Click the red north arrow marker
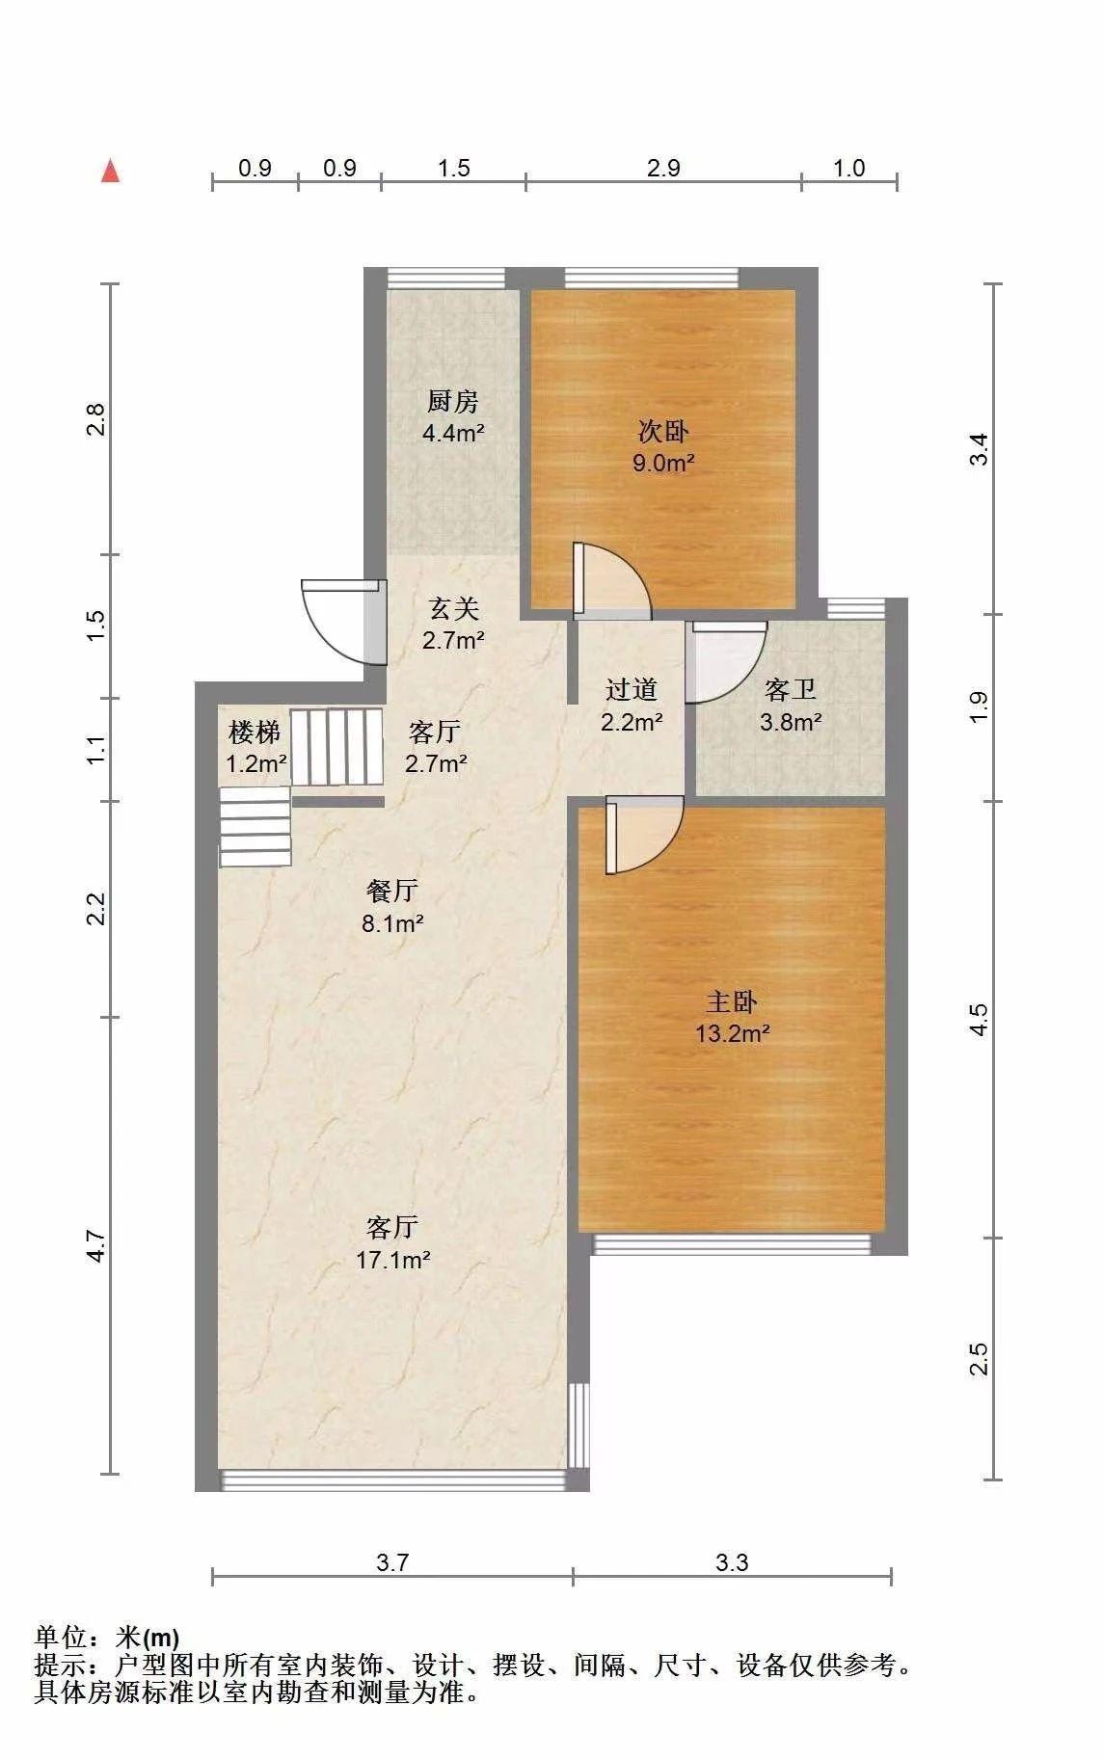pyautogui.click(x=111, y=172)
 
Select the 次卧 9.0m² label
pyautogui.click(x=663, y=446)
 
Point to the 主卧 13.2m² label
pyautogui.click(x=732, y=1018)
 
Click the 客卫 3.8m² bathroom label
pyautogui.click(x=791, y=705)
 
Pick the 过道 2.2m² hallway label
pyautogui.click(x=632, y=705)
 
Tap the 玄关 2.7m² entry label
pyautogui.click(x=453, y=624)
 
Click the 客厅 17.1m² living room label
pyautogui.click(x=392, y=1243)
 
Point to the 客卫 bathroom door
pyautogui.click(x=725, y=662)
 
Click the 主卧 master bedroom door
pyautogui.click(x=644, y=835)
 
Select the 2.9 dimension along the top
pyautogui.click(x=663, y=169)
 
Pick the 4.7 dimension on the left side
pyautogui.click(x=94, y=1245)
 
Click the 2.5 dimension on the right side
pyautogui.click(x=979, y=1359)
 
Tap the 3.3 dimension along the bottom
pyautogui.click(x=732, y=1562)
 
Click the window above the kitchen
pyautogui.click(x=446, y=278)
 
